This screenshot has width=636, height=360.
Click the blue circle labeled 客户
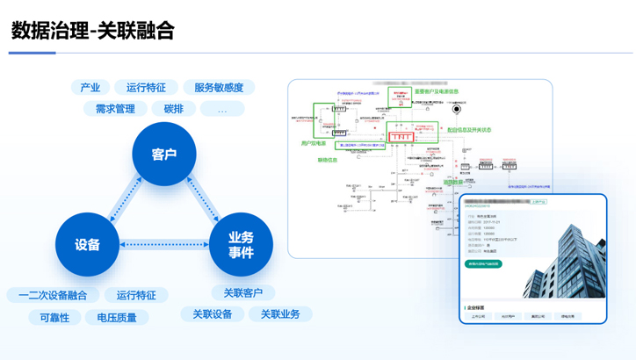(x=163, y=155)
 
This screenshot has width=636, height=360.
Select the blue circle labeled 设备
(x=87, y=245)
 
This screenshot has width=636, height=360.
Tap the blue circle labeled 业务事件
(x=241, y=245)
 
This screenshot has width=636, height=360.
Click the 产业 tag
(x=90, y=87)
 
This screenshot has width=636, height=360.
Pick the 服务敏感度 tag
(x=219, y=87)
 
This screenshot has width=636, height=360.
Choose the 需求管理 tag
(x=115, y=109)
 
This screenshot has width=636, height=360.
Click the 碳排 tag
(x=174, y=109)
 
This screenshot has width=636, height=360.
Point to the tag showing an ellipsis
(x=222, y=110)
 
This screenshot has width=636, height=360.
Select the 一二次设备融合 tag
(x=53, y=295)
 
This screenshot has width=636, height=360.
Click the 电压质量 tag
(x=117, y=317)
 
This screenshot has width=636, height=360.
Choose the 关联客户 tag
(x=243, y=292)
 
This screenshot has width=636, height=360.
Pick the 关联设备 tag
(x=213, y=313)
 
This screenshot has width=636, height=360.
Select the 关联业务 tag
(x=280, y=313)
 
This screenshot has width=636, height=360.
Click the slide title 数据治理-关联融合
(x=92, y=31)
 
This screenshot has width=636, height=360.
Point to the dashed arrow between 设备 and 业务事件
(x=163, y=245)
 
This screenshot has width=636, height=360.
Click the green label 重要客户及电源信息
(x=437, y=91)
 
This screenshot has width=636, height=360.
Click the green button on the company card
(x=483, y=263)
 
